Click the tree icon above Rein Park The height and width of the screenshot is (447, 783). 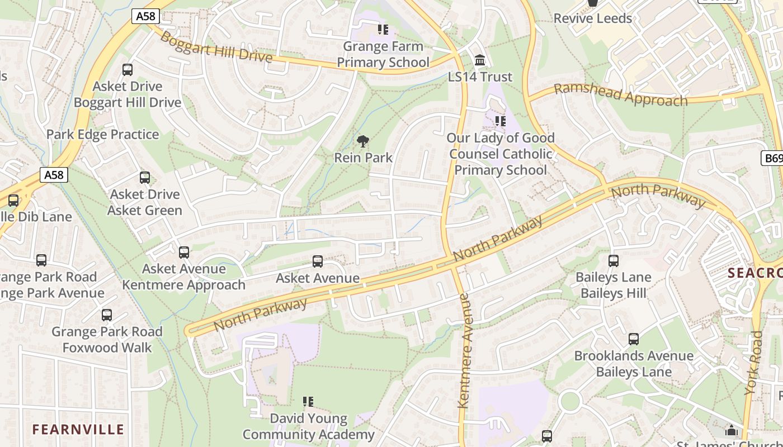tap(363, 141)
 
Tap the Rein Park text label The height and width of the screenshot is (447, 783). tap(364, 158)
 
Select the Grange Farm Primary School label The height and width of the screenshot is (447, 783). tap(383, 54)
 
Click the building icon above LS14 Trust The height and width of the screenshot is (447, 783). tap(479, 60)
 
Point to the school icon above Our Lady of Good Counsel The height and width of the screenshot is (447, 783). tap(500, 121)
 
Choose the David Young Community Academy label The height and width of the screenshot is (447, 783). tap(308, 426)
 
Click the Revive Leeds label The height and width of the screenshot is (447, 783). tap(592, 18)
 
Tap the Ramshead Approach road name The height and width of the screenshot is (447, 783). tap(620, 95)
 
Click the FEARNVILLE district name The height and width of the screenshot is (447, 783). tap(78, 429)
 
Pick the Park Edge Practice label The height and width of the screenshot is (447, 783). tap(102, 135)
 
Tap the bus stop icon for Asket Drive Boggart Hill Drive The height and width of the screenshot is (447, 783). tap(128, 70)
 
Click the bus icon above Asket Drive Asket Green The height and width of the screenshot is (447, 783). tap(145, 178)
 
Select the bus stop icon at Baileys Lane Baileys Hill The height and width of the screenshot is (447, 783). tap(614, 261)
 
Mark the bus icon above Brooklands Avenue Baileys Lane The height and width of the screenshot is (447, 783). tap(634, 339)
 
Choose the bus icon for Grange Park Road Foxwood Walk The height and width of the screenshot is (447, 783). tap(107, 315)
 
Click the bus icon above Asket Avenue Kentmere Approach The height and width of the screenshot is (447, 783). tap(184, 253)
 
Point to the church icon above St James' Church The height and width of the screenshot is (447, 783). tap(731, 430)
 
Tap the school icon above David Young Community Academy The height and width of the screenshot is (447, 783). tap(308, 402)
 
